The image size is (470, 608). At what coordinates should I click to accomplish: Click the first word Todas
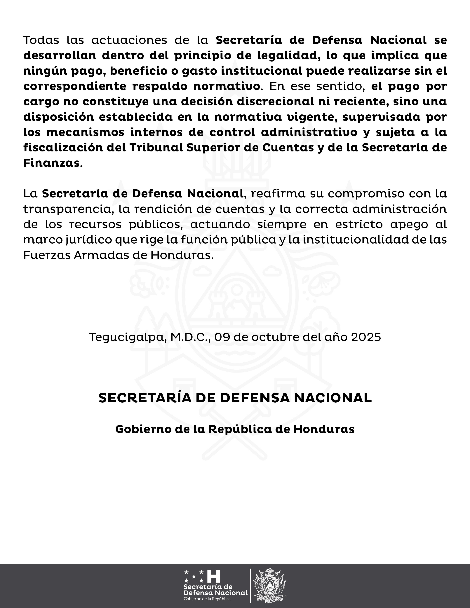pos(41,40)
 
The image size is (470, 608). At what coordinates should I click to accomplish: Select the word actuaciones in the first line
pos(129,40)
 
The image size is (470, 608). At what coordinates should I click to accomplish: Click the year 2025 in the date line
pos(366,337)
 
